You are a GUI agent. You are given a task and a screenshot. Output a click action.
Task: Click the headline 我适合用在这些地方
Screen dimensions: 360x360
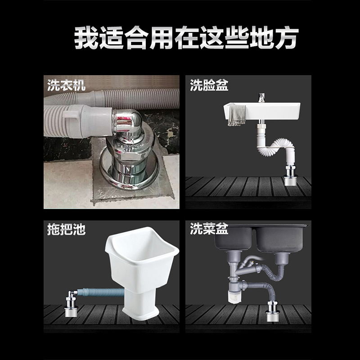click(x=186, y=38)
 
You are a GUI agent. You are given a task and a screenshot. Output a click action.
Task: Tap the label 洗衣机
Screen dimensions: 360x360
click(x=66, y=85)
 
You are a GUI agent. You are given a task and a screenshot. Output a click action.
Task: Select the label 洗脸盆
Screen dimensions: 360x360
click(x=209, y=85)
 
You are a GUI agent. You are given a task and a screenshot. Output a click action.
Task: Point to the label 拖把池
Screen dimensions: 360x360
click(x=66, y=229)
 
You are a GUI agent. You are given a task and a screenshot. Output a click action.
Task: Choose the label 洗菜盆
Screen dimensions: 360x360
click(x=209, y=229)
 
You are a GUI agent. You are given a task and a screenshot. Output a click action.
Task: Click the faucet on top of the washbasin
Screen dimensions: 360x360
click(x=261, y=98)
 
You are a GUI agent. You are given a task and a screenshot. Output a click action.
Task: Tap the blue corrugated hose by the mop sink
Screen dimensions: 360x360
click(x=101, y=292)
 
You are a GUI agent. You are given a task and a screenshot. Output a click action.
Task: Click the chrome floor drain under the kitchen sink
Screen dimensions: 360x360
click(x=273, y=311)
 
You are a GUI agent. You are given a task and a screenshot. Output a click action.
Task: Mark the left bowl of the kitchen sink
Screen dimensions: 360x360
click(x=234, y=238)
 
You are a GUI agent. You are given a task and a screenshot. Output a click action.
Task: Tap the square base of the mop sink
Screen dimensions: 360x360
click(x=140, y=304)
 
